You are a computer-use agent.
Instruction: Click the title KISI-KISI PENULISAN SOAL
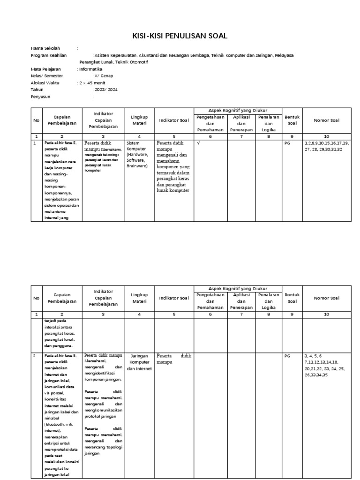click(180, 36)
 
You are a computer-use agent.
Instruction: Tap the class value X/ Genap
click(103, 75)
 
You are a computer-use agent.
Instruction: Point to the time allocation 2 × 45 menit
click(91, 82)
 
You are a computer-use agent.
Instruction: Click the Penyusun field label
click(40, 97)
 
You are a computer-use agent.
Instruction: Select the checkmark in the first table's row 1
click(198, 143)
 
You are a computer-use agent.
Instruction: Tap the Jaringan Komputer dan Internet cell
click(139, 362)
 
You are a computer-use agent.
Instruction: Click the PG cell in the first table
click(287, 143)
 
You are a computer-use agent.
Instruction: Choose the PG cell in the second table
click(287, 356)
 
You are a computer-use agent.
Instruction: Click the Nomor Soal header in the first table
click(327, 120)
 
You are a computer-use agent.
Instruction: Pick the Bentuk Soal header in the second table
click(292, 298)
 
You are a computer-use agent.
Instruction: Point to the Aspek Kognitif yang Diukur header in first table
click(238, 110)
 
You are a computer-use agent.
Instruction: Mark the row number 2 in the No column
click(34, 356)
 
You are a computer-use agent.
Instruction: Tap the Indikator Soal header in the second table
click(174, 298)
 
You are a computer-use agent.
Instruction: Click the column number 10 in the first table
click(327, 136)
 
